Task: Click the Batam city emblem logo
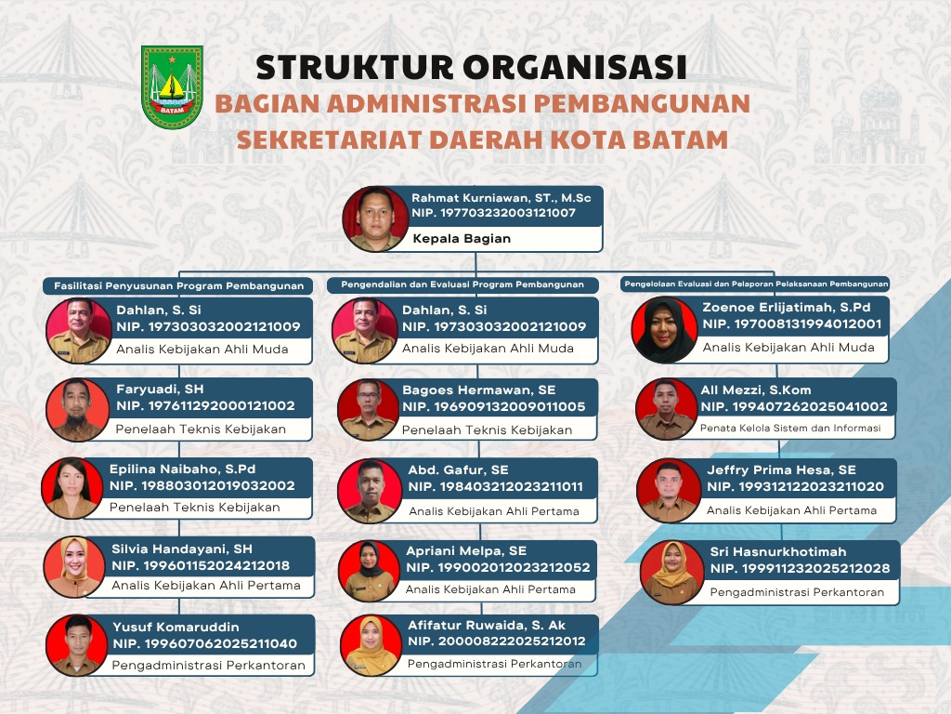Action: pyautogui.click(x=172, y=86)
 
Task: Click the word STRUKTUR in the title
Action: pyautogui.click(x=355, y=67)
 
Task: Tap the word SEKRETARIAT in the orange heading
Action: pyautogui.click(x=329, y=139)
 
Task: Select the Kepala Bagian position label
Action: pyautogui.click(x=462, y=239)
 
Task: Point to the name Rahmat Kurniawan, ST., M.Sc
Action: pyautogui.click(x=501, y=198)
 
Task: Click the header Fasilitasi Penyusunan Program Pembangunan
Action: pyautogui.click(x=179, y=286)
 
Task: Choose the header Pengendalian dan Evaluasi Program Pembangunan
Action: pyautogui.click(x=462, y=284)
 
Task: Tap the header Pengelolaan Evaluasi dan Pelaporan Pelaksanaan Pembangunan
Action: pyautogui.click(x=756, y=284)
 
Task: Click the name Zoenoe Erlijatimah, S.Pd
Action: pyautogui.click(x=787, y=307)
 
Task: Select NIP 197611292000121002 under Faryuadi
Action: pyautogui.click(x=205, y=405)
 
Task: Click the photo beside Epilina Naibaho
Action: pyautogui.click(x=72, y=487)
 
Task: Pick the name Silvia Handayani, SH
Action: pyautogui.click(x=182, y=549)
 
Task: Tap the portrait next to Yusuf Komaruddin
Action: pyautogui.click(x=77, y=645)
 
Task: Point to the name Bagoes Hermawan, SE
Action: pyautogui.click(x=479, y=390)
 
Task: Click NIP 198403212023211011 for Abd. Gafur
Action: pyautogui.click(x=496, y=486)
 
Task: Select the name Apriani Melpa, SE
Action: pyautogui.click(x=466, y=550)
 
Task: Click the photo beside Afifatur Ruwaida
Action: pyautogui.click(x=371, y=645)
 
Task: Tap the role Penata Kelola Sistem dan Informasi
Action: pyautogui.click(x=790, y=428)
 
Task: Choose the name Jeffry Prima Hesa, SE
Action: pyautogui.click(x=781, y=469)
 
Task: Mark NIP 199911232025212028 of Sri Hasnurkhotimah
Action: pyautogui.click(x=800, y=568)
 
